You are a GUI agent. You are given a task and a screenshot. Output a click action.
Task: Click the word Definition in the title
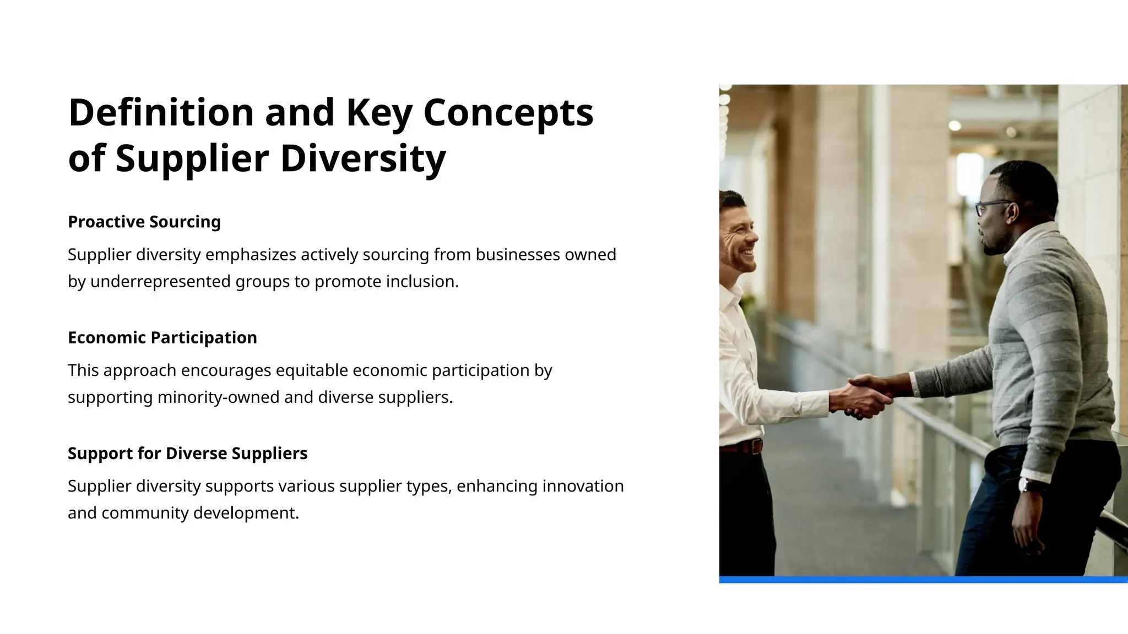point(161,112)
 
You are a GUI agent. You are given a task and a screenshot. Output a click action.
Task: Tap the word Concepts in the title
point(508,112)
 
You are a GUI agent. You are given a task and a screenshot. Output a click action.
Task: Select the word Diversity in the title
point(363,158)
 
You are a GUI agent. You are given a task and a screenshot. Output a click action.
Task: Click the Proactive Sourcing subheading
point(144,222)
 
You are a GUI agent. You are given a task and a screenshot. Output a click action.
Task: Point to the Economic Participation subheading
point(162,337)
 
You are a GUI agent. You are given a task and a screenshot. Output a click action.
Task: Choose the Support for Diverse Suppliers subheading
point(187,453)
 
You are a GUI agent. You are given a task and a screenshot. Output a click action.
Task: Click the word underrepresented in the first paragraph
point(160,282)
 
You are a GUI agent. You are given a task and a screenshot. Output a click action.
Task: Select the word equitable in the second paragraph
point(312,370)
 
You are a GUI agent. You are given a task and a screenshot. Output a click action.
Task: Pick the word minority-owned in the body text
point(218,397)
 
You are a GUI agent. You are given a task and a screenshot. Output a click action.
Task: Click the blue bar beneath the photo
point(923,580)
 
